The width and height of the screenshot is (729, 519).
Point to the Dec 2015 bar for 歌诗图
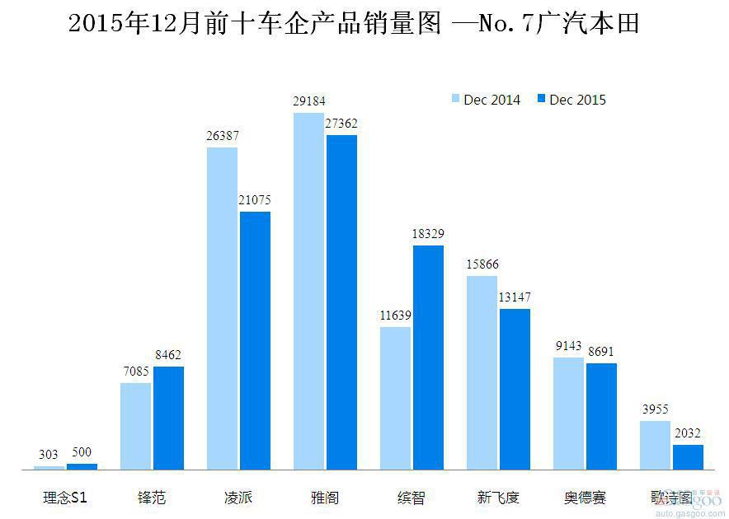click(x=688, y=456)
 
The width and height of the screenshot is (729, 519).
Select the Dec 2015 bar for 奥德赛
click(x=601, y=416)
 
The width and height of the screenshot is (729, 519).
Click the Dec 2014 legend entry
click(x=487, y=100)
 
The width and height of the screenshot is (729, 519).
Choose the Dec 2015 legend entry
click(x=571, y=100)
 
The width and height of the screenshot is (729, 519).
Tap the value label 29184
click(x=309, y=101)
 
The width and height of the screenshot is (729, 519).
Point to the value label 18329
click(x=428, y=234)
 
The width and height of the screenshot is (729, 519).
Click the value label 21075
click(x=254, y=200)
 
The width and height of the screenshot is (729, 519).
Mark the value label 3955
click(x=656, y=409)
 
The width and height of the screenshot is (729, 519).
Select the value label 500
click(x=82, y=453)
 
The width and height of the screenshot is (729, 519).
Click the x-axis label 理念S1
click(x=66, y=498)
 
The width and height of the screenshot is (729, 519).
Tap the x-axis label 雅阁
click(x=325, y=498)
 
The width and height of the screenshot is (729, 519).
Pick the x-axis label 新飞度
click(x=498, y=498)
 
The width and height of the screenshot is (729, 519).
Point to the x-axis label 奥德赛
click(x=585, y=498)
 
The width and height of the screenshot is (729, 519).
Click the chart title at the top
click(x=354, y=23)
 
